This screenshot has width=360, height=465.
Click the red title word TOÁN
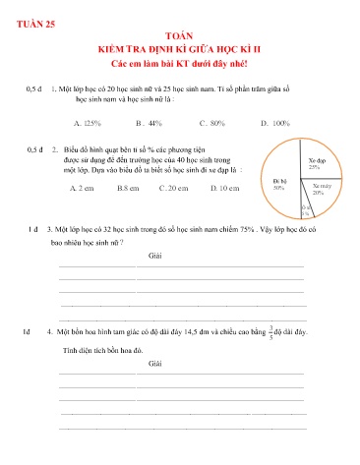[181, 33]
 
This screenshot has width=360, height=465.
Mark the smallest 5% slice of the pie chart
[306, 207]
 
